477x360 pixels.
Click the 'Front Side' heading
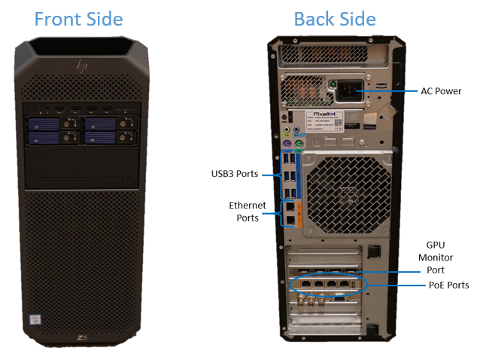[79, 19]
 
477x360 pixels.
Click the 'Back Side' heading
[335, 19]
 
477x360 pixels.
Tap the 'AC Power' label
[441, 91]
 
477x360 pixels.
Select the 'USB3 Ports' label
[235, 174]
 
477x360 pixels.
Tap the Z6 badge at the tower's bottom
[81, 336]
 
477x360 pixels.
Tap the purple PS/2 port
[287, 145]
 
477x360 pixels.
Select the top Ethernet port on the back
[290, 205]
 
